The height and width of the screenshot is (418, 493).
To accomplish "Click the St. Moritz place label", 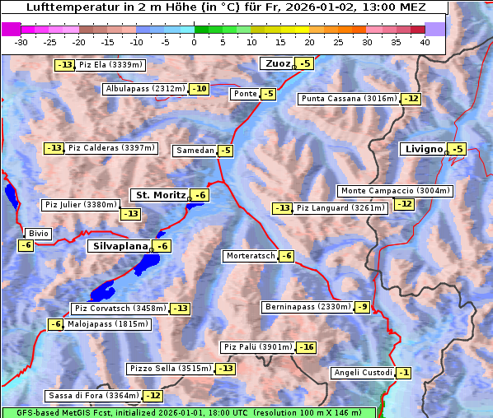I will tap(160, 195).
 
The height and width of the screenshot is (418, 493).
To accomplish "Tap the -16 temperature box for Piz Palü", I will tap(306, 347).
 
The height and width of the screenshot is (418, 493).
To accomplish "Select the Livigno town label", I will tap(423, 149).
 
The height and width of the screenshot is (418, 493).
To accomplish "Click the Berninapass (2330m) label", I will tap(308, 307).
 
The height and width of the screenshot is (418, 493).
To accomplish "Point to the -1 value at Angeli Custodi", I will tap(403, 373).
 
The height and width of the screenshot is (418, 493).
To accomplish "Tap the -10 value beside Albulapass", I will tap(199, 89).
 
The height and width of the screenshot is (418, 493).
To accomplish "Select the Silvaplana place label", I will tap(120, 246).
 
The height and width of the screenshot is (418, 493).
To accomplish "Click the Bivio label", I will tap(39, 234).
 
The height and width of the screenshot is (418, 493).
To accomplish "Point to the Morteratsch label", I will tap(250, 256).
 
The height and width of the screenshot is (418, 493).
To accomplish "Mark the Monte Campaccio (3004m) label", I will tap(395, 191).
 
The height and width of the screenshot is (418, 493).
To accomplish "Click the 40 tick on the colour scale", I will tap(425, 42).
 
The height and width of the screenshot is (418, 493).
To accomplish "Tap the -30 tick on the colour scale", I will tap(21, 42).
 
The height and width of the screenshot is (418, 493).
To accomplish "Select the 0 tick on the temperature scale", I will tap(194, 42).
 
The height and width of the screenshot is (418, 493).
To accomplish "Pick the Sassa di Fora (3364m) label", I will tap(92, 396).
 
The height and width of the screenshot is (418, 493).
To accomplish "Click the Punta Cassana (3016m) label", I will tap(348, 99).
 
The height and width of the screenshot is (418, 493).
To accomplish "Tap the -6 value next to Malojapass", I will tap(55, 324).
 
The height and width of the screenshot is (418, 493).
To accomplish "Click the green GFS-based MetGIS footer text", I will tap(188, 412).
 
